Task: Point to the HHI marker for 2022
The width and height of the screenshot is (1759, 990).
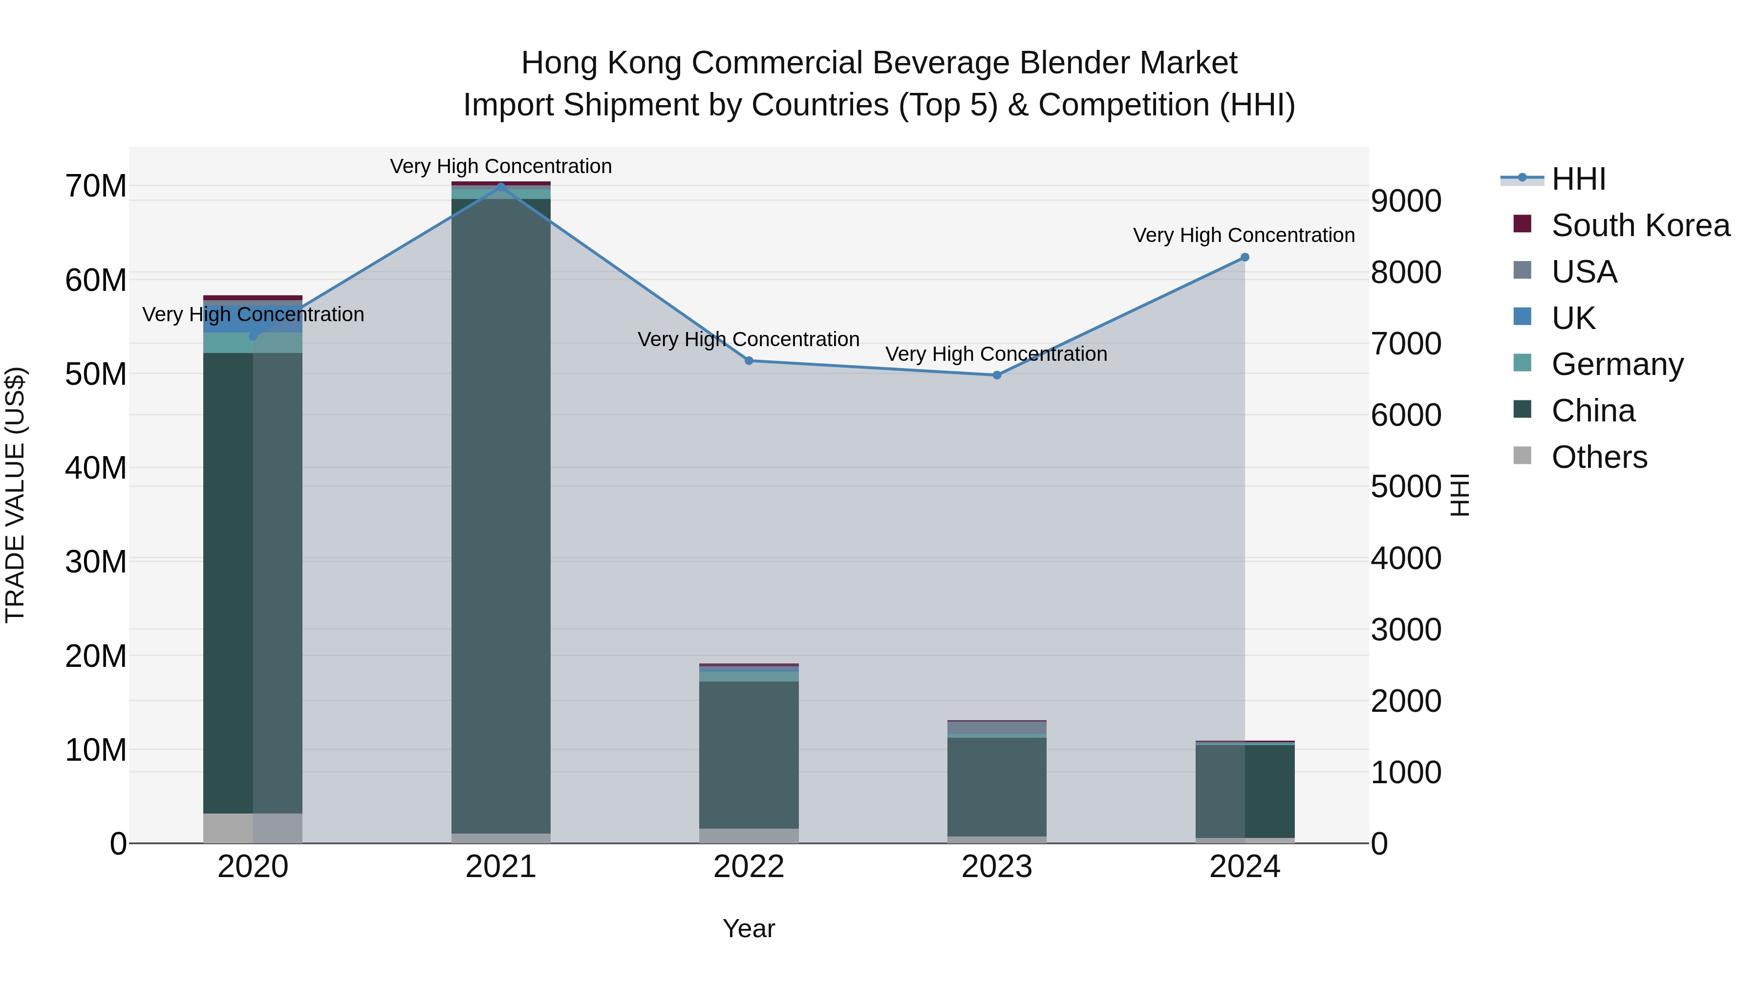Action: pyautogui.click(x=749, y=361)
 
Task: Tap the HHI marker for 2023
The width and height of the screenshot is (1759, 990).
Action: pyautogui.click(x=996, y=375)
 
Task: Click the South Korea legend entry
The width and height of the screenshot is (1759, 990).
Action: pyautogui.click(x=1639, y=225)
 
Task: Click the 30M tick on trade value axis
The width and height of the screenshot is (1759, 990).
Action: pyautogui.click(x=96, y=562)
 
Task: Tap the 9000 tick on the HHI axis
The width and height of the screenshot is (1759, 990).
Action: pyautogui.click(x=1405, y=201)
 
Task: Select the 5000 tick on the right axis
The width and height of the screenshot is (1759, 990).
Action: pyautogui.click(x=1405, y=486)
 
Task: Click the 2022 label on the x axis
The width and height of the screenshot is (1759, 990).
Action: pyautogui.click(x=749, y=867)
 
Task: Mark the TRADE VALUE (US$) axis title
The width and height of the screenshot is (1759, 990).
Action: pyautogui.click(x=15, y=495)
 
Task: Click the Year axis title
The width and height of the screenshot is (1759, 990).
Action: pyautogui.click(x=749, y=928)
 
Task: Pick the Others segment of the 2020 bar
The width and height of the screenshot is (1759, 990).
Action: pyautogui.click(x=253, y=828)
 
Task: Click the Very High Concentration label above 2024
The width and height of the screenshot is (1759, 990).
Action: pyautogui.click(x=1244, y=235)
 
